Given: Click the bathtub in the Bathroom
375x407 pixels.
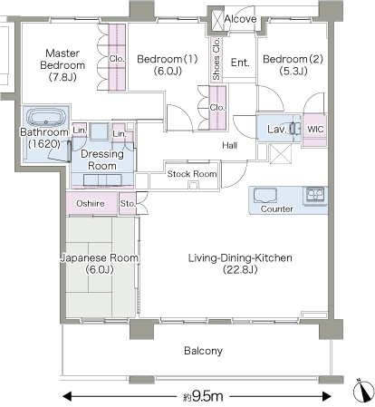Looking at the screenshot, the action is pos(46,119).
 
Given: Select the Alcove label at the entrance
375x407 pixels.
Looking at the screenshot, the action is pos(240,19).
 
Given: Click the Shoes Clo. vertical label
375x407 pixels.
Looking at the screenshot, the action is pos(216,59).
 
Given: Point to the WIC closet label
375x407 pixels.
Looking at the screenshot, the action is pos(315,130).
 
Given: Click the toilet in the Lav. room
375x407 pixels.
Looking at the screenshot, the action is pos(295,129).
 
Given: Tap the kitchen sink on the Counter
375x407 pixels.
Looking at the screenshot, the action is pos(265,196).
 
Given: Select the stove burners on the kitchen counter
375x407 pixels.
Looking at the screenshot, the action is pos(315,194).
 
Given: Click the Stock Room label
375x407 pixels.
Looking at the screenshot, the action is pos(192,174).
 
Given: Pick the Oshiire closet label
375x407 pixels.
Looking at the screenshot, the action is pos(91,203).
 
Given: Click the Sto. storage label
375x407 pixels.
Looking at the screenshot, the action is pos(128,204).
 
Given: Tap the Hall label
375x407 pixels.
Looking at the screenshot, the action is pos(229,146).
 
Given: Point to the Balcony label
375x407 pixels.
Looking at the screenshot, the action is pos(203,351).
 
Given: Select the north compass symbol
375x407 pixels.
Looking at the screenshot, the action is pos(363,391).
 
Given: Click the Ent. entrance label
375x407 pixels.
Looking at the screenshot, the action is pos(240,63).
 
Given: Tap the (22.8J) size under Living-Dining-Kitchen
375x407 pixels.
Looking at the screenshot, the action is pos(240,269).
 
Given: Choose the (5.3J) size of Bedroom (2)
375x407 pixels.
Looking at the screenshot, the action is pos(293,71).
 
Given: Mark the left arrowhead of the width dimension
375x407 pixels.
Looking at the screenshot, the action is pos(67,396).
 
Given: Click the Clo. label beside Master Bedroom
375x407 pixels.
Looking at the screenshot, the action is pos(117,59).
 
